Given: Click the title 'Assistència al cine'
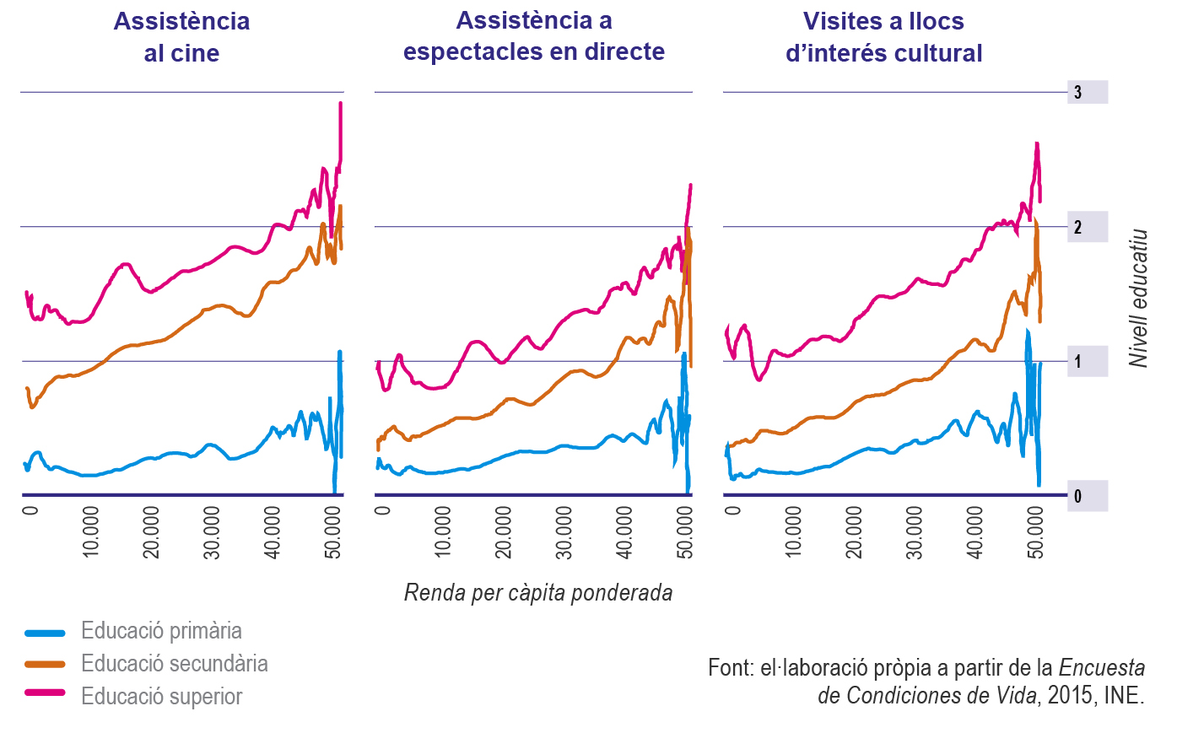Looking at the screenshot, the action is click(x=181, y=37).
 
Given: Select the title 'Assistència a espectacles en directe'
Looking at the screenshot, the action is click(x=534, y=36).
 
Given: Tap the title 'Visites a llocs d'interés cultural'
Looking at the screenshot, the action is click(x=883, y=37).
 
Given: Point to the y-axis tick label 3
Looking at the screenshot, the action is click(x=1077, y=93).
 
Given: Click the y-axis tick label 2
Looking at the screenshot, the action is click(x=1077, y=227).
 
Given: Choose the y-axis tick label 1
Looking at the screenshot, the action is click(x=1077, y=361).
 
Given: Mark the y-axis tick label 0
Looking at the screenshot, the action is click(x=1077, y=496).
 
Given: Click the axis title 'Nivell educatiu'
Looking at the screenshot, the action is click(x=1137, y=299).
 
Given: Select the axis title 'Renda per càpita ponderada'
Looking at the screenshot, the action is click(x=538, y=593).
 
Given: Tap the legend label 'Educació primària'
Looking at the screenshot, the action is click(x=161, y=630).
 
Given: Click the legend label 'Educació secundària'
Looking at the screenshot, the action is click(x=174, y=664).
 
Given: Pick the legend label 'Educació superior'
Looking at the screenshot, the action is click(x=161, y=697).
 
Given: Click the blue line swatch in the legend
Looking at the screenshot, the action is click(x=45, y=633).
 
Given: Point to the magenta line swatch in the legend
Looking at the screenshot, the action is click(x=45, y=693).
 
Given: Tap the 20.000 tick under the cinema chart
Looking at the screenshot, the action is click(x=152, y=532).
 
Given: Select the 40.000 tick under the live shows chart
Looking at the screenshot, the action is click(x=625, y=532).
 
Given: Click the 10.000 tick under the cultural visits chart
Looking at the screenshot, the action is click(x=793, y=532).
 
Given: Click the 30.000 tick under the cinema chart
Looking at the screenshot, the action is click(x=213, y=532).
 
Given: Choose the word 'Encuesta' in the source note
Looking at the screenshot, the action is click(x=1102, y=668).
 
